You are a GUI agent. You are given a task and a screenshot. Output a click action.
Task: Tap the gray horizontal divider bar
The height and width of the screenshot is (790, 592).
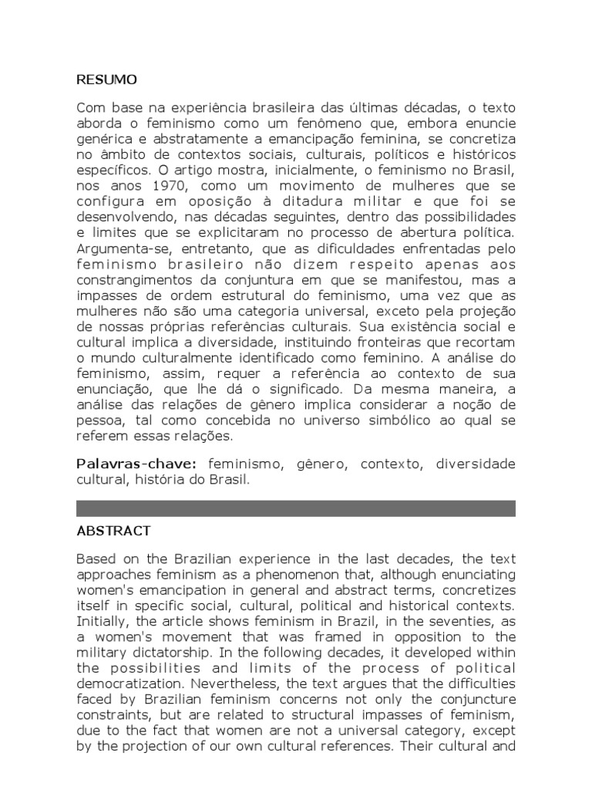click(x=296, y=508)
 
